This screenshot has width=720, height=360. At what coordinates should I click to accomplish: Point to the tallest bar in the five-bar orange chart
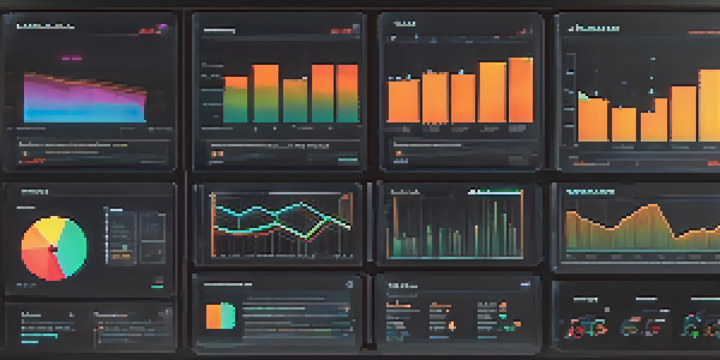(x=521, y=90)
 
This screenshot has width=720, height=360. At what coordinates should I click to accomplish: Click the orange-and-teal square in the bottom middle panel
(x=220, y=316)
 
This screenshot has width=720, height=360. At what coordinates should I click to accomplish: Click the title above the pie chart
(x=34, y=192)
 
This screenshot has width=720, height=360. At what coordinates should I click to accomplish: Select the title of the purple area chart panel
(x=45, y=26)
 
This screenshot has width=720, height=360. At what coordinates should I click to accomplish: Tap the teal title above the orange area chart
(x=590, y=192)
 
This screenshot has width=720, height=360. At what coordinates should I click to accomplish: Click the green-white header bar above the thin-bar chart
(x=494, y=192)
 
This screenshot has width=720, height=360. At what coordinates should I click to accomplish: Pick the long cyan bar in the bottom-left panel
(x=39, y=336)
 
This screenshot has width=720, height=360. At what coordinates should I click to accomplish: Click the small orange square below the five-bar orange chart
(x=398, y=153)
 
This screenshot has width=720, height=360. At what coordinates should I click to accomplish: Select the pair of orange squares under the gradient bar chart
(x=217, y=154)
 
